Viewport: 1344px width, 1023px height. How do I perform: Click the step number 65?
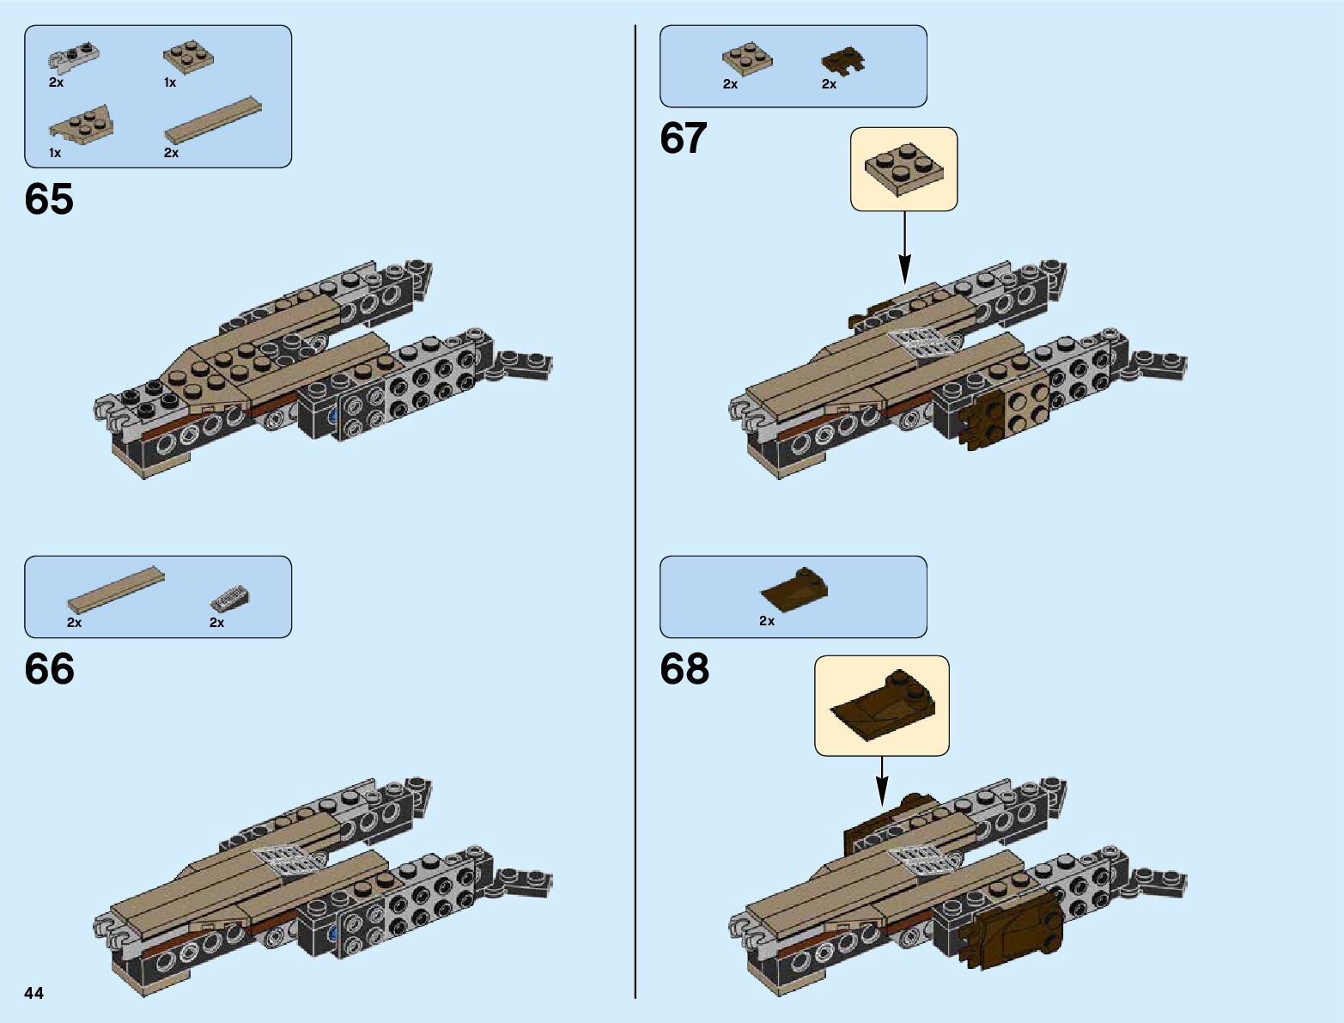click(49, 199)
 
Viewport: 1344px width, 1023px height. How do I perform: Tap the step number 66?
click(49, 669)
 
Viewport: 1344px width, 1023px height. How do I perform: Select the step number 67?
click(684, 138)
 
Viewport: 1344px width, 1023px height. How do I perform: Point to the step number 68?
click(684, 669)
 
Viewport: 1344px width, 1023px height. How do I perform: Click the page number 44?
click(33, 993)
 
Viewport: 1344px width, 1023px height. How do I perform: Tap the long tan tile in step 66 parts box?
click(116, 588)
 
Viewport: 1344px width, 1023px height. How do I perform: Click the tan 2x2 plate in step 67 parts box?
click(746, 59)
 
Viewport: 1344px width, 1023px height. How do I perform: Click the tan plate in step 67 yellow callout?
click(904, 167)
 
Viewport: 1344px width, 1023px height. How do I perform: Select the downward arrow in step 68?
click(882, 782)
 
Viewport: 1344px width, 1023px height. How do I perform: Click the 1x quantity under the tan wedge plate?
click(55, 153)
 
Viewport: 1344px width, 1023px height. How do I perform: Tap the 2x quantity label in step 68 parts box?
click(767, 620)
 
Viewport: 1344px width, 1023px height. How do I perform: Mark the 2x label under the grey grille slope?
click(216, 623)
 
